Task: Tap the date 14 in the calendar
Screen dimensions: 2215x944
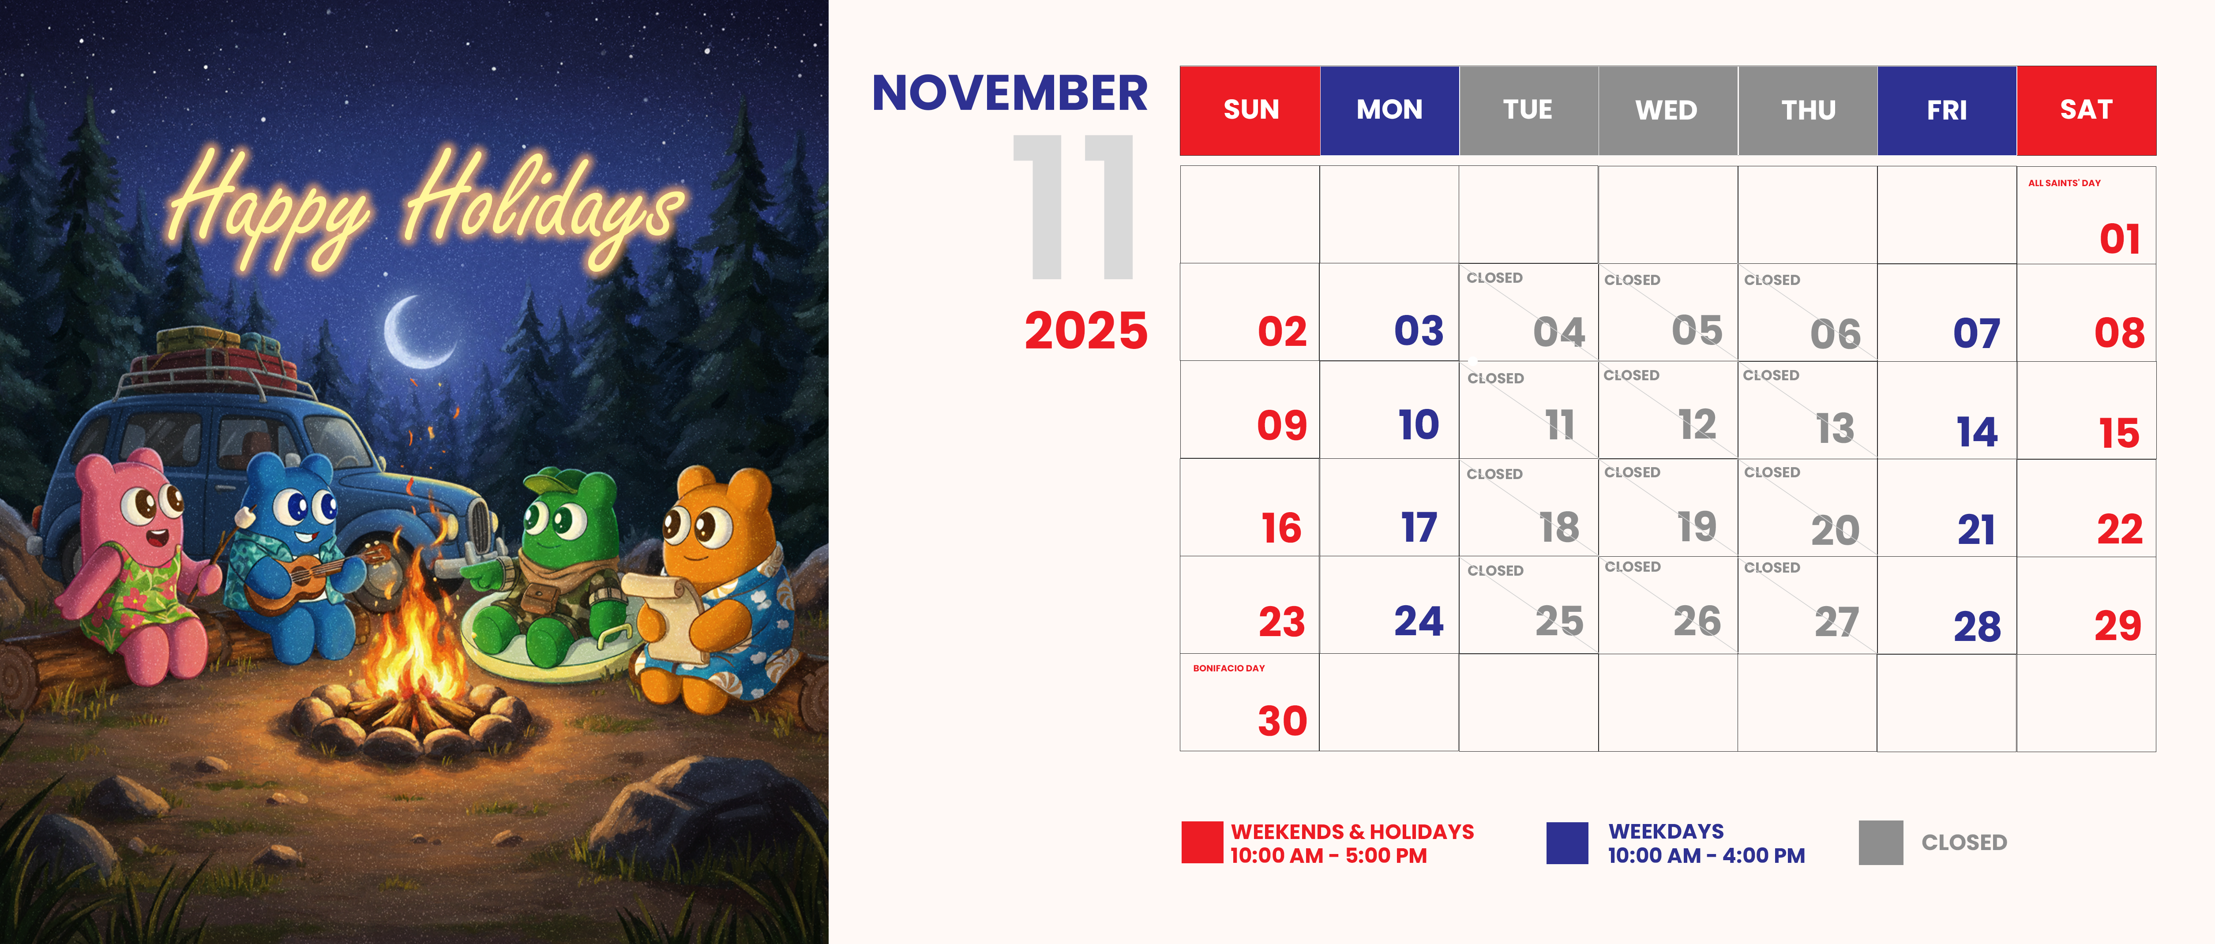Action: (1977, 431)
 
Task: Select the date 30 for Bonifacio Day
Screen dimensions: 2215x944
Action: (1282, 720)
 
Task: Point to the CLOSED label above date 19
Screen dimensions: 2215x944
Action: (1632, 472)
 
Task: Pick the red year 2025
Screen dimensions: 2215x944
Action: (1086, 331)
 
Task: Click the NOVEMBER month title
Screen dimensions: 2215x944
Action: (1010, 93)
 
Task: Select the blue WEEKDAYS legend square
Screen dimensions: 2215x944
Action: (1567, 843)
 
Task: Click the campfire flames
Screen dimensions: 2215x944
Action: (411, 636)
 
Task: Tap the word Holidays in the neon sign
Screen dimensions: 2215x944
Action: (542, 206)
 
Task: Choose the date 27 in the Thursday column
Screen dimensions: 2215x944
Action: (1836, 622)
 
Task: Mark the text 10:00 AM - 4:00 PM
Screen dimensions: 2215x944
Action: (1706, 855)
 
